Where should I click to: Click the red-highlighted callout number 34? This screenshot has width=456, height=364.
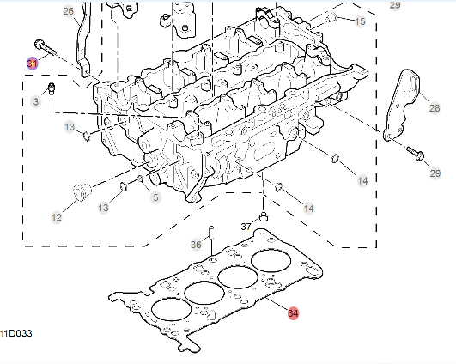pos(293,313)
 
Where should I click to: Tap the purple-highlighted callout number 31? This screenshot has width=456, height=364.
pos(32,64)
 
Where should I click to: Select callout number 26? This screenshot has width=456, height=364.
pos(69,11)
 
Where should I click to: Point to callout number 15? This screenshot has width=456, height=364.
pos(360,21)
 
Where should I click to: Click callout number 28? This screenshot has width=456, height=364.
pos(435,108)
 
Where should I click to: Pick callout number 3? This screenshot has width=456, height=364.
pos(36,101)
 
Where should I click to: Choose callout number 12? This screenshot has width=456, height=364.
pos(57,217)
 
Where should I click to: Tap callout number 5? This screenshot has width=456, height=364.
pos(155,197)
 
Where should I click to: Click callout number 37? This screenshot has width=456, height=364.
pos(246,227)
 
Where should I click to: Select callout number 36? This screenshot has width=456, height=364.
pos(196,245)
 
